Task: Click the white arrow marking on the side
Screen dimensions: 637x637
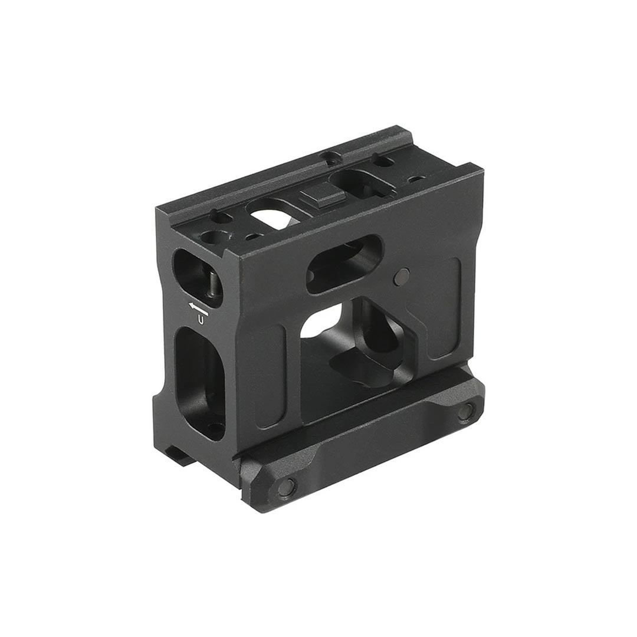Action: point(198,307)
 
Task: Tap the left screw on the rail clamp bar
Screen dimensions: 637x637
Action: point(287,487)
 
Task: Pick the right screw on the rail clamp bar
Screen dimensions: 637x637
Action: point(465,411)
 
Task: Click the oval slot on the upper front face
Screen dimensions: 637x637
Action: point(345,264)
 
